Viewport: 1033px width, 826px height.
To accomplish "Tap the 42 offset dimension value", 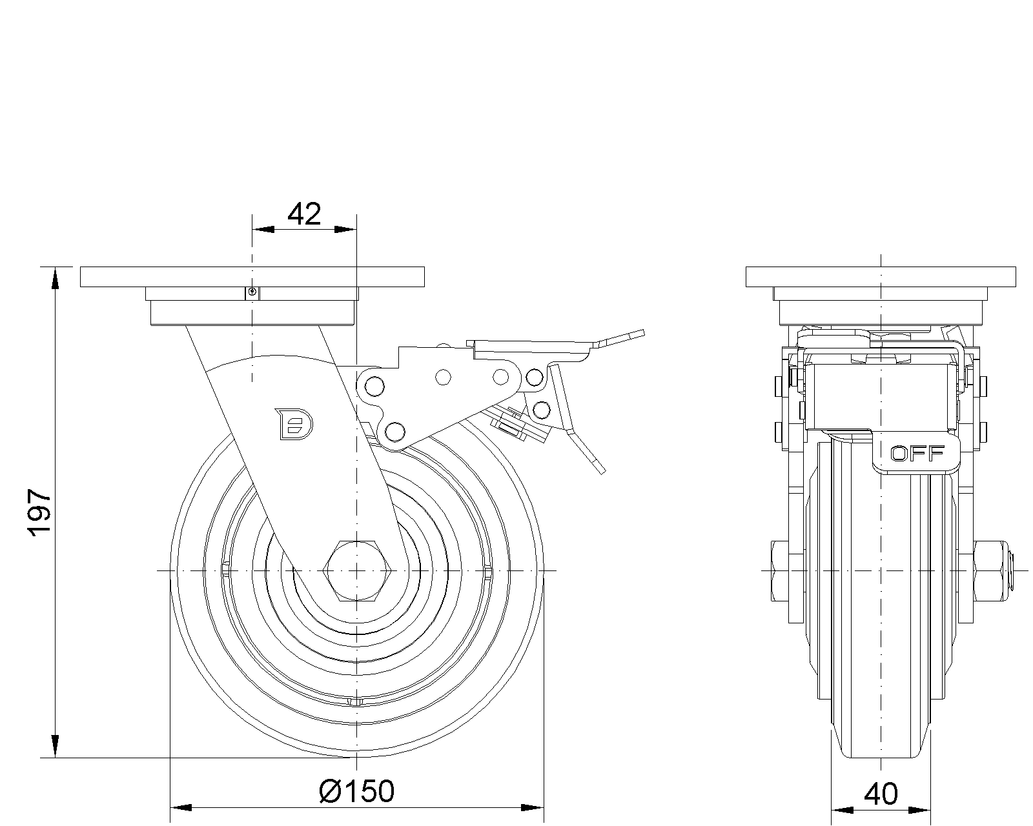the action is click(x=304, y=214).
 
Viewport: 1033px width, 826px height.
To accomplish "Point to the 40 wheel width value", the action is click(x=881, y=794).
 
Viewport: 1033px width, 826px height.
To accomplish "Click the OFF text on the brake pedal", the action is click(x=917, y=453).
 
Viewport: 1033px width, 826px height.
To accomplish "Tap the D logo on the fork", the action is click(x=294, y=424).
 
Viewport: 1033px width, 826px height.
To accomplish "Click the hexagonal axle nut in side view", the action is click(x=358, y=570).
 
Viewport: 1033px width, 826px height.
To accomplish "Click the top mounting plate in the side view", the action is click(x=881, y=277).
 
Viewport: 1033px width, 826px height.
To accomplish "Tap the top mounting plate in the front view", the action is click(x=252, y=277).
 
